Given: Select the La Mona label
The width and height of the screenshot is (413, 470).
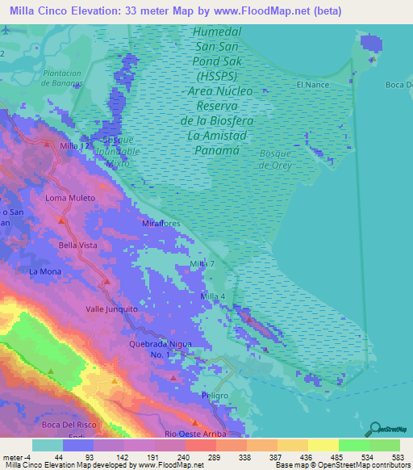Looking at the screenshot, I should (44, 271).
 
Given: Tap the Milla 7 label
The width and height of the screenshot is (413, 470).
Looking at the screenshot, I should (202, 264).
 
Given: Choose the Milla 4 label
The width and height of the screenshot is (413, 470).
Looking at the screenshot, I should (212, 296).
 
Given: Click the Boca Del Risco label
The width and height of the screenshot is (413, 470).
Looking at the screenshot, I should (71, 426).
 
